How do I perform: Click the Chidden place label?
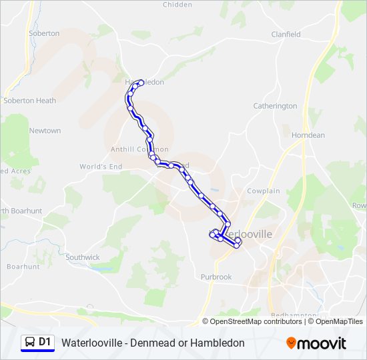coord(177,5)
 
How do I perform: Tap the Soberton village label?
coord(44,33)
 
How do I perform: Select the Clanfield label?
coord(286,35)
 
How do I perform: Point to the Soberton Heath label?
coord(29,101)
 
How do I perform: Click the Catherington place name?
coord(275,106)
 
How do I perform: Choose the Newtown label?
coord(45,131)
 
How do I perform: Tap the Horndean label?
coord(308,135)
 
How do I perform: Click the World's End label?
coord(101,166)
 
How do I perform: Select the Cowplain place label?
coord(264,191)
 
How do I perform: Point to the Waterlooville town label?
coord(247,235)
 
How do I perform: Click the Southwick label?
coord(83,257)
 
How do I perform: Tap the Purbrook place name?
coord(216,277)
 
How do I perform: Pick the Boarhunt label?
coord(23,267)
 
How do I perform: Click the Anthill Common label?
coord(139,149)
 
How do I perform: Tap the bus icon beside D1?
coord(29,343)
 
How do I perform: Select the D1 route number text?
coord(45,343)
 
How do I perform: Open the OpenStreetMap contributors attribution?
coord(256,321)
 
